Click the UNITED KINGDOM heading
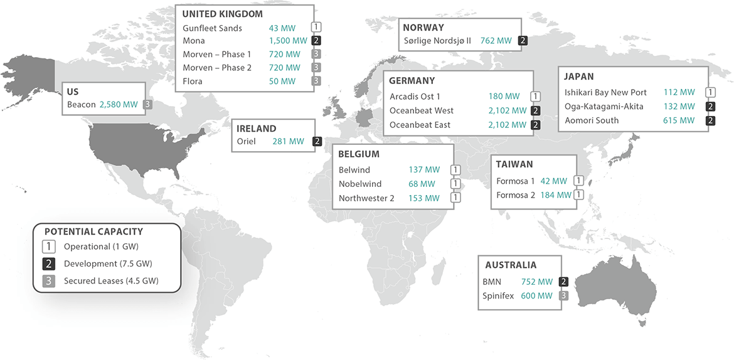(222, 14)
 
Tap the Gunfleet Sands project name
(212, 28)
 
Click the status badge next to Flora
(317, 81)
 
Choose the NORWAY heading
(423, 28)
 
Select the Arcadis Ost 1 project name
(415, 97)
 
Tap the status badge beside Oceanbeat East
(535, 125)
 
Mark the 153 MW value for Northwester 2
(424, 198)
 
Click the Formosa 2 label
(515, 195)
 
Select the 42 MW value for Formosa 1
(555, 181)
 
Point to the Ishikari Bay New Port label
(605, 92)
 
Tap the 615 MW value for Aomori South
(679, 120)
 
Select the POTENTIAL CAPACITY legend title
(93, 231)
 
